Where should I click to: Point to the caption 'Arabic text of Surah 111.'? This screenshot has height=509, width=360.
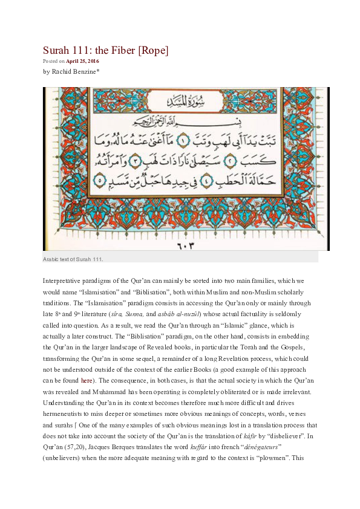pyautogui.click(x=73, y=259)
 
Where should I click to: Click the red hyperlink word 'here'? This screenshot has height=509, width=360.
pyautogui.click(x=87, y=381)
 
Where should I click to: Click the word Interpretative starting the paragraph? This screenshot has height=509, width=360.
pyautogui.click(x=63, y=281)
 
